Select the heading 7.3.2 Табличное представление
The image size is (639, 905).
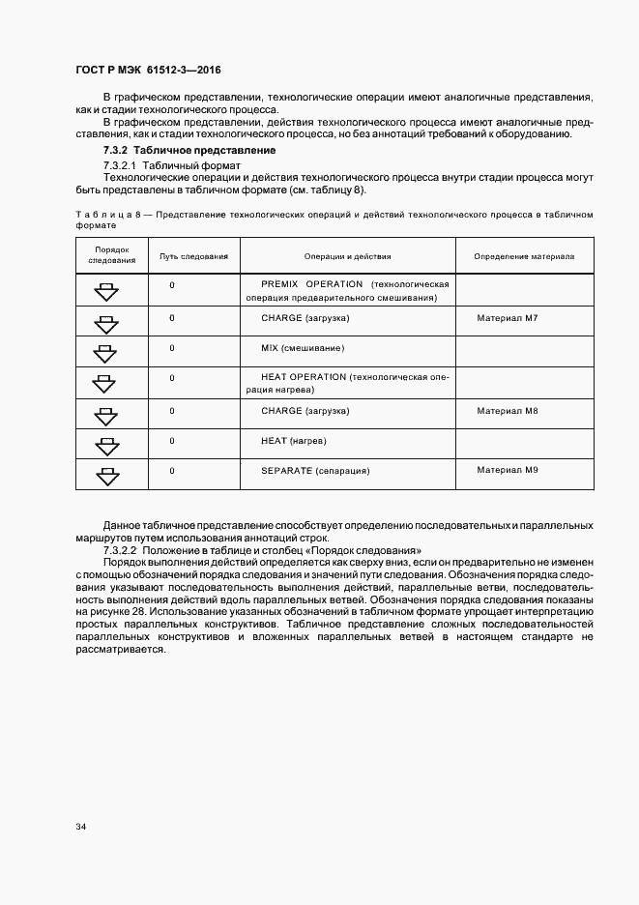click(189, 150)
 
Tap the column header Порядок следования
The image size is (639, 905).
click(111, 256)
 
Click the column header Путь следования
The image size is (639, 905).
click(193, 257)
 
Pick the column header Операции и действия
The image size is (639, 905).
click(347, 257)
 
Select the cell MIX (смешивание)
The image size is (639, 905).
click(302, 348)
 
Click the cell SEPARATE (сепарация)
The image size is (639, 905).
click(315, 471)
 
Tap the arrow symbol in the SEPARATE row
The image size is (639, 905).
click(106, 476)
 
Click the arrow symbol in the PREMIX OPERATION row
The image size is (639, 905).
click(106, 292)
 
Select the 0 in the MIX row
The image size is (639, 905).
click(172, 348)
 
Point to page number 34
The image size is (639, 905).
click(80, 827)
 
